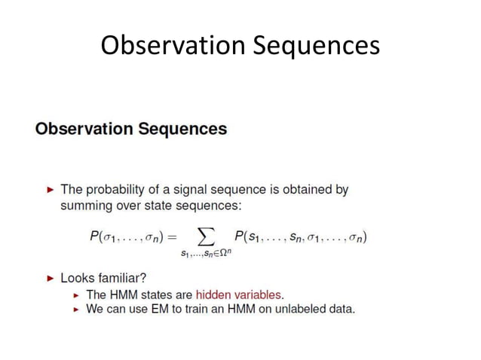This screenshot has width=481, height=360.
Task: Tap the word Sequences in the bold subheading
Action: tap(182, 129)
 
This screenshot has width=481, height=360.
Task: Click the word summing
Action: tap(86, 204)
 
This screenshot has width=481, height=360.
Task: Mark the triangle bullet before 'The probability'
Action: tap(51, 190)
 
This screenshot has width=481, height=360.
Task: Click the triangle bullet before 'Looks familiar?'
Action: tap(51, 278)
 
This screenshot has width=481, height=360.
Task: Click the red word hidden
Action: tap(213, 294)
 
